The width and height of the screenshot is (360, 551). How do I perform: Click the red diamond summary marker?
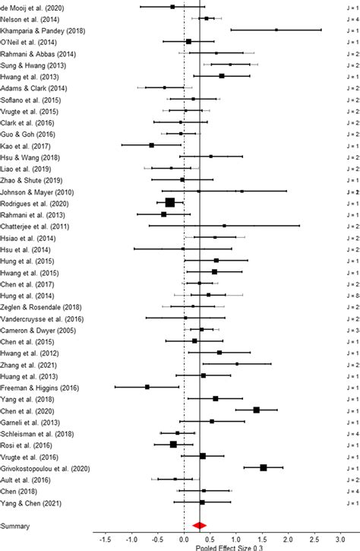click(x=199, y=524)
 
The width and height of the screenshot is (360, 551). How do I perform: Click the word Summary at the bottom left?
click(x=16, y=525)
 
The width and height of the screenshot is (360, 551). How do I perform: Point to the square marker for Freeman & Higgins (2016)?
click(x=147, y=387)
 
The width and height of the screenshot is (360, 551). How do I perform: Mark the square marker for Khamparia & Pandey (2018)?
click(x=276, y=30)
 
